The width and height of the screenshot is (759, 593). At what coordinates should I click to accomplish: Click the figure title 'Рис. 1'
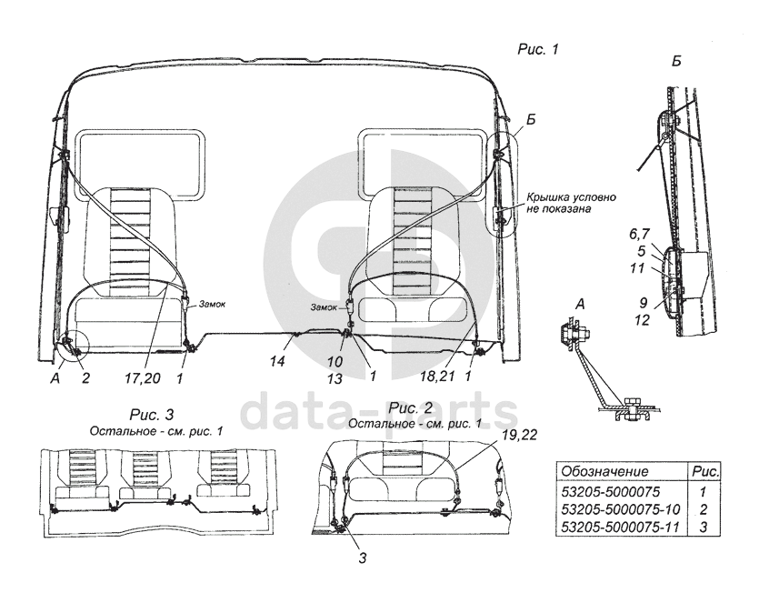pyautogui.click(x=538, y=49)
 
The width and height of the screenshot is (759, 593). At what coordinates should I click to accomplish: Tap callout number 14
pyautogui.click(x=277, y=361)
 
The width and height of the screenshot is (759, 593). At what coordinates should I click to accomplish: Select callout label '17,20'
pyautogui.click(x=143, y=377)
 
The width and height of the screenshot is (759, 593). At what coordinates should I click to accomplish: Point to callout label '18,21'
pyautogui.click(x=437, y=376)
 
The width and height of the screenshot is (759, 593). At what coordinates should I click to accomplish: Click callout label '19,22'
pyautogui.click(x=519, y=435)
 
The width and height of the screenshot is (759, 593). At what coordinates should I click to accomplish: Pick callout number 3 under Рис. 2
pyautogui.click(x=363, y=558)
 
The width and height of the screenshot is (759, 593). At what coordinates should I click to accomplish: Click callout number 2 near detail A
pyautogui.click(x=85, y=377)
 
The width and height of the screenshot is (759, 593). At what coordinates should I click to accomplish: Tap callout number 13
pyautogui.click(x=335, y=378)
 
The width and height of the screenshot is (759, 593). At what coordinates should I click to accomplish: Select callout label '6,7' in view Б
pyautogui.click(x=639, y=234)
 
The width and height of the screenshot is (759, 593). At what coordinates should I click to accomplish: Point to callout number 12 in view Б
pyautogui.click(x=642, y=320)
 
